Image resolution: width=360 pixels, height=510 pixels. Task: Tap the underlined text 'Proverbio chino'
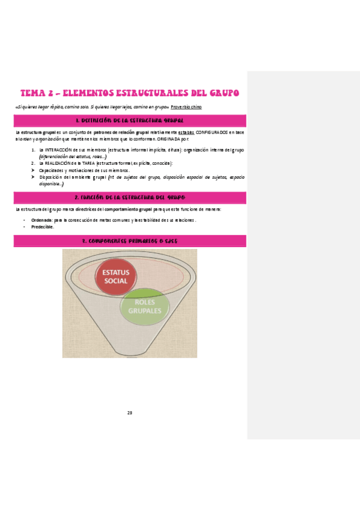pyautogui.click(x=186, y=107)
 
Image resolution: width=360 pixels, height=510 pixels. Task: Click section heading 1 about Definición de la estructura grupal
pyautogui.click(x=130, y=121)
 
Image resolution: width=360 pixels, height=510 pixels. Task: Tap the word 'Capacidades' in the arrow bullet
pyautogui.click(x=52, y=170)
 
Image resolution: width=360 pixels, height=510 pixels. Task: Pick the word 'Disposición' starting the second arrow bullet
pyautogui.click(x=52, y=177)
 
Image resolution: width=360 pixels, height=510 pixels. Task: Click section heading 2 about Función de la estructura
pyautogui.click(x=130, y=197)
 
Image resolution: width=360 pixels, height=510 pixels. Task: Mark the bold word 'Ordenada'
pyautogui.click(x=41, y=220)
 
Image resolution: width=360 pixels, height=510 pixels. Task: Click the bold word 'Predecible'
pyautogui.click(x=42, y=227)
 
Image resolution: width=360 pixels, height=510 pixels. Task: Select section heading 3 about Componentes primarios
pyautogui.click(x=130, y=241)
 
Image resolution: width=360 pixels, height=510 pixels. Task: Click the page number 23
pyautogui.click(x=129, y=413)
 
